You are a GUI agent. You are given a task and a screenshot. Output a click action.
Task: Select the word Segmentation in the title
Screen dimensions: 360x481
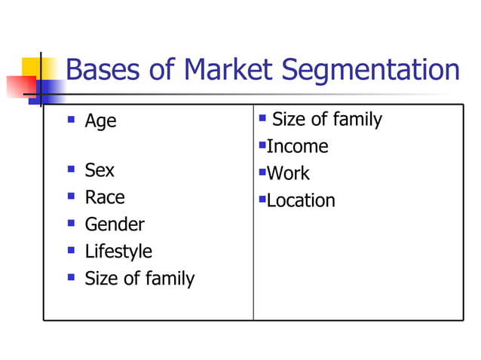(370, 71)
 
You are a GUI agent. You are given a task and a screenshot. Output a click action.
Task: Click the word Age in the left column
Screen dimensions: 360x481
(100, 121)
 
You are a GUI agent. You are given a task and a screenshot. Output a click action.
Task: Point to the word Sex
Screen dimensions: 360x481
(100, 170)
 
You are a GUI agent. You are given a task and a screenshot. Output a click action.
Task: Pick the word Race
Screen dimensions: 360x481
(105, 197)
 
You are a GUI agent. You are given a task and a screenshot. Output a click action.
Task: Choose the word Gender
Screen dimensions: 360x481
(115, 224)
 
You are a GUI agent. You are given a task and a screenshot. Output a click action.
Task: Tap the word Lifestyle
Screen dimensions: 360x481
(118, 252)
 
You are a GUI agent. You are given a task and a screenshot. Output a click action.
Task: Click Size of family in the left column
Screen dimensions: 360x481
(139, 279)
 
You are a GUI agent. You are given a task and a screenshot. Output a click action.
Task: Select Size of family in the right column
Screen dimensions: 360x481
(326, 119)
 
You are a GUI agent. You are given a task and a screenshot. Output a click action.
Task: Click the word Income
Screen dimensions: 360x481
(298, 146)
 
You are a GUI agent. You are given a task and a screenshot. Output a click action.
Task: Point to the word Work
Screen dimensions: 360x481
(289, 173)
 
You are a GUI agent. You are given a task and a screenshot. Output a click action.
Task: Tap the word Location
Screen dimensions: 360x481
(302, 200)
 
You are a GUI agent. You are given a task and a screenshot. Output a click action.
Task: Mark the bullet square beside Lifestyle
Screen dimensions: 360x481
(71, 249)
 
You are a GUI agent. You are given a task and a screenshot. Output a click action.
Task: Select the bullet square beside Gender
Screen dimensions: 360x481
(71, 222)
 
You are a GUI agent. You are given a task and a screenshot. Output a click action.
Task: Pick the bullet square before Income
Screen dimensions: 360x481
(262, 144)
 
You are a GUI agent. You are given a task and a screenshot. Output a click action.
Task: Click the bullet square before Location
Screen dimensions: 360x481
(262, 198)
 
